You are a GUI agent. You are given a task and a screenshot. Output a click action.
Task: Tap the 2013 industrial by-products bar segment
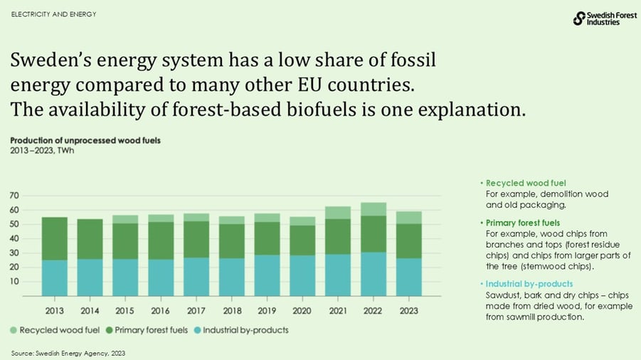[x=54, y=278]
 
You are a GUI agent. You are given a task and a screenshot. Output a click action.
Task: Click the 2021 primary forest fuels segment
[x=338, y=236]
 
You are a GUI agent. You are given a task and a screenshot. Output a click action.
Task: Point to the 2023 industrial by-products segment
[x=408, y=277]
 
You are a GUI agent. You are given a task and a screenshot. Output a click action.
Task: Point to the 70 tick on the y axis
[x=14, y=196]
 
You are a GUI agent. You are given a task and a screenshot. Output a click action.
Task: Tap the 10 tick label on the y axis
[x=14, y=282]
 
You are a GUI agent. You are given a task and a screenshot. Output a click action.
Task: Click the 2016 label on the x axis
[x=161, y=311]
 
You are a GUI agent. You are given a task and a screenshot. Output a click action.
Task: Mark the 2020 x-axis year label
[x=302, y=311]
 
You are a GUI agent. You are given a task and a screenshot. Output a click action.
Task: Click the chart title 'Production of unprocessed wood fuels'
[x=85, y=140]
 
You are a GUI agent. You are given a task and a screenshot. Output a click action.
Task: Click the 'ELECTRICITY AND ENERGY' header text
[x=54, y=14]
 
